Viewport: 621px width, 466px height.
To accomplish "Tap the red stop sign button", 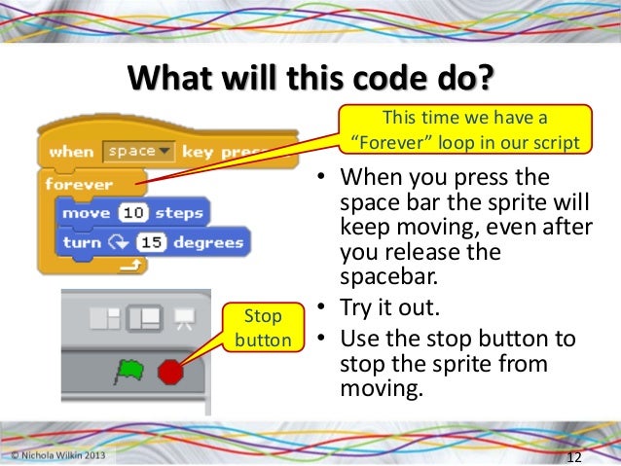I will [170, 371].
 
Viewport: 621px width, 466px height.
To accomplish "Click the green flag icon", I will [129, 371].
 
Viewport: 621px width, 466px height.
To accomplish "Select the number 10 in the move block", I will [131, 213].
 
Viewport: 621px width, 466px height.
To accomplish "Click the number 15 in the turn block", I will [149, 241].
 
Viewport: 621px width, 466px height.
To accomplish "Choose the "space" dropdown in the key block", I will [138, 152].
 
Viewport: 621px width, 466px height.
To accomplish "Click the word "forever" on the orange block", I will [80, 184].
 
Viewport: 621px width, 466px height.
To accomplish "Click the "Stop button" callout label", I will [262, 328].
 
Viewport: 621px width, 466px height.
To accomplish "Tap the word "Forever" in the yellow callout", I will [386, 142].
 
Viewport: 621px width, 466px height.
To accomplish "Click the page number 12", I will [573, 457].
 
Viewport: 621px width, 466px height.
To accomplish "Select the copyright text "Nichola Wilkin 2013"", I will [61, 454].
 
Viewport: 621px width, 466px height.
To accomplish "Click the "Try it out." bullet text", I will [383, 309].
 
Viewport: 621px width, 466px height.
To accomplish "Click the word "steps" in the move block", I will [178, 213].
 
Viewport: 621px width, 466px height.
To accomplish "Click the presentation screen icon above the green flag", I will [181, 317].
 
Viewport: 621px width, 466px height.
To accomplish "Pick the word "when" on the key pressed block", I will [71, 152].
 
